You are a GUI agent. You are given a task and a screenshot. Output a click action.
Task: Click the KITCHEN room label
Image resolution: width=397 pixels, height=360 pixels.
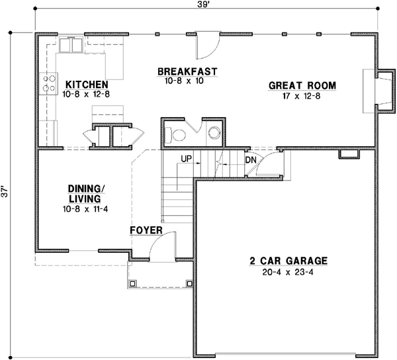click(x=85, y=85)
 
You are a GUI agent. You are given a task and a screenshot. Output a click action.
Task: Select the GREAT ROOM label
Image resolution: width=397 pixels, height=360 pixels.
click(x=302, y=85)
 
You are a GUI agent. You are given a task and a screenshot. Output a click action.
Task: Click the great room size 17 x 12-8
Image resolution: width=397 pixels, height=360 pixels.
click(x=302, y=95)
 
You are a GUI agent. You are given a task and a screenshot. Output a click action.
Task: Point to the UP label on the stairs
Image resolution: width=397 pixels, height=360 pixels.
click(x=187, y=159)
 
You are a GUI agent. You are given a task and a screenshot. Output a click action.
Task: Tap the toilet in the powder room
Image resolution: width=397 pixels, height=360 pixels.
click(x=178, y=134)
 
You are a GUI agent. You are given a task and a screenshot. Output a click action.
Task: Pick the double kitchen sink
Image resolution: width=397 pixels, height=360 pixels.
click(x=70, y=44)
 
